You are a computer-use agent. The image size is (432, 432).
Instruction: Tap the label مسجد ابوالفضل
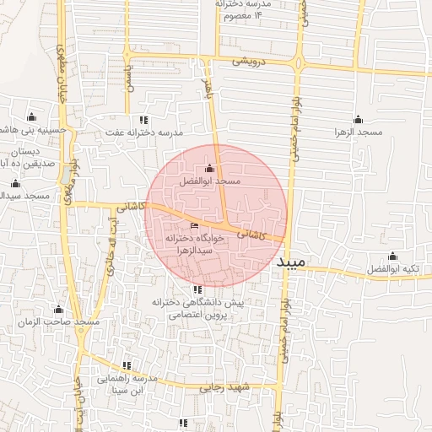(x=210, y=181)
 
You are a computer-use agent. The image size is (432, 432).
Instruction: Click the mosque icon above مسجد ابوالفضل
(x=210, y=169)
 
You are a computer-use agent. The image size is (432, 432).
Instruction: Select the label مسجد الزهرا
(x=358, y=132)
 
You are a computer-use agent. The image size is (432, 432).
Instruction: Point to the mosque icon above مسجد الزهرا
(x=358, y=119)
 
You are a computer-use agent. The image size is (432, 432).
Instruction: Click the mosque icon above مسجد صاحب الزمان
(x=58, y=310)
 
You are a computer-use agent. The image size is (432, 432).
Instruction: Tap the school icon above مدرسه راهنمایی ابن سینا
(x=127, y=365)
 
